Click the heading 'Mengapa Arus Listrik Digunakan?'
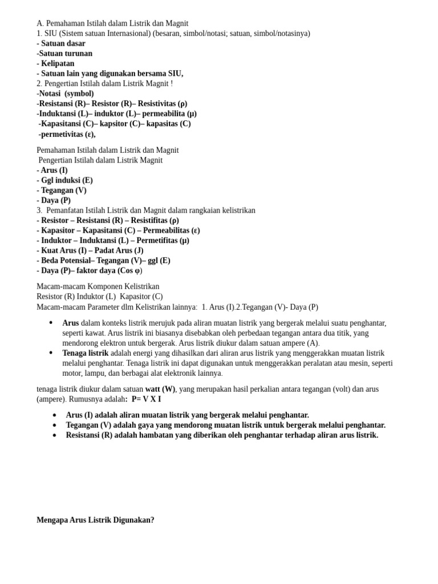(x=95, y=520)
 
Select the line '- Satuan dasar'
(x=61, y=43)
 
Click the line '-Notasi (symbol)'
(x=65, y=94)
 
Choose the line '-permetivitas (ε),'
(x=67, y=134)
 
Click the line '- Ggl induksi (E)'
(x=64, y=180)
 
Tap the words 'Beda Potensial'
(x=66, y=261)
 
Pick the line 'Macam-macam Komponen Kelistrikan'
(x=98, y=286)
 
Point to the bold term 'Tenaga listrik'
(x=85, y=353)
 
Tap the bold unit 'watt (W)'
(x=160, y=389)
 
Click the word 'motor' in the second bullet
(x=73, y=373)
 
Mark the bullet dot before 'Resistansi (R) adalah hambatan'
(x=54, y=435)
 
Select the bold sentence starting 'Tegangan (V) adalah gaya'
(x=225, y=425)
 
